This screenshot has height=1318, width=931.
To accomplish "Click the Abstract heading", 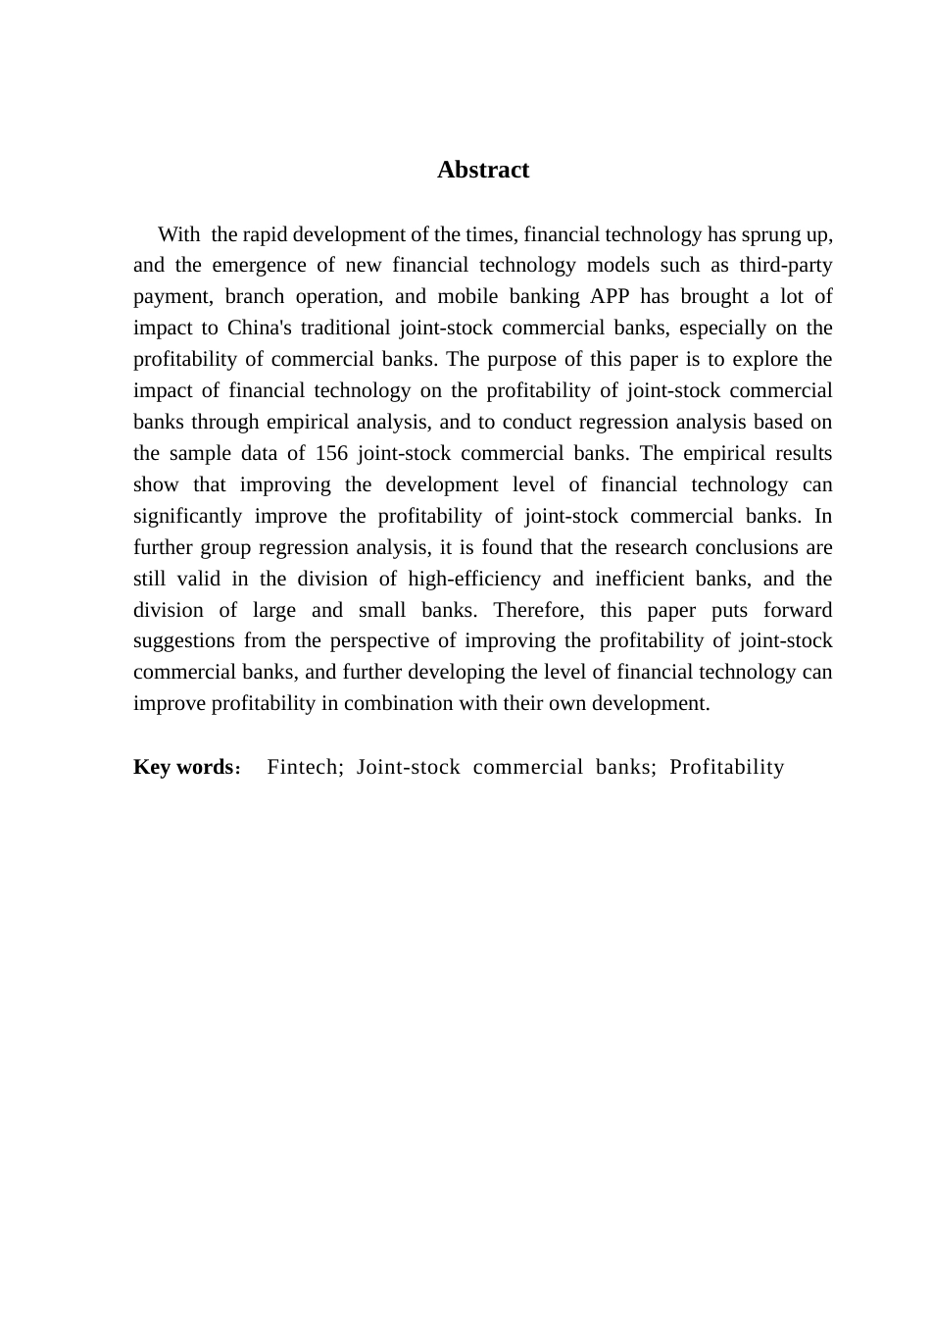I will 482,170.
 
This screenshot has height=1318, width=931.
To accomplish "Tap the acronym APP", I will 611,296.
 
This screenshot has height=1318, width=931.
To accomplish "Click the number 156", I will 332,453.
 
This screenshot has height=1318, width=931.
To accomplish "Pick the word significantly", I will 188,516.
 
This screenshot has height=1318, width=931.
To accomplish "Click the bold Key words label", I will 183,767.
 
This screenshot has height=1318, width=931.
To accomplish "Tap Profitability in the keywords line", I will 727,767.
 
